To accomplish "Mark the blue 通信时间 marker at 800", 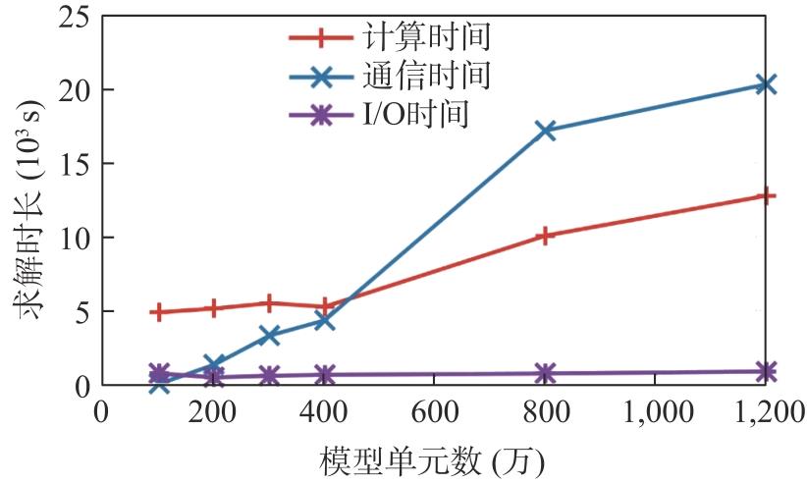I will pyautogui.click(x=546, y=130).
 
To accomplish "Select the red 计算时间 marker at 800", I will pyautogui.click(x=546, y=236).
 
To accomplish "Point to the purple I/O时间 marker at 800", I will pyautogui.click(x=546, y=373).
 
